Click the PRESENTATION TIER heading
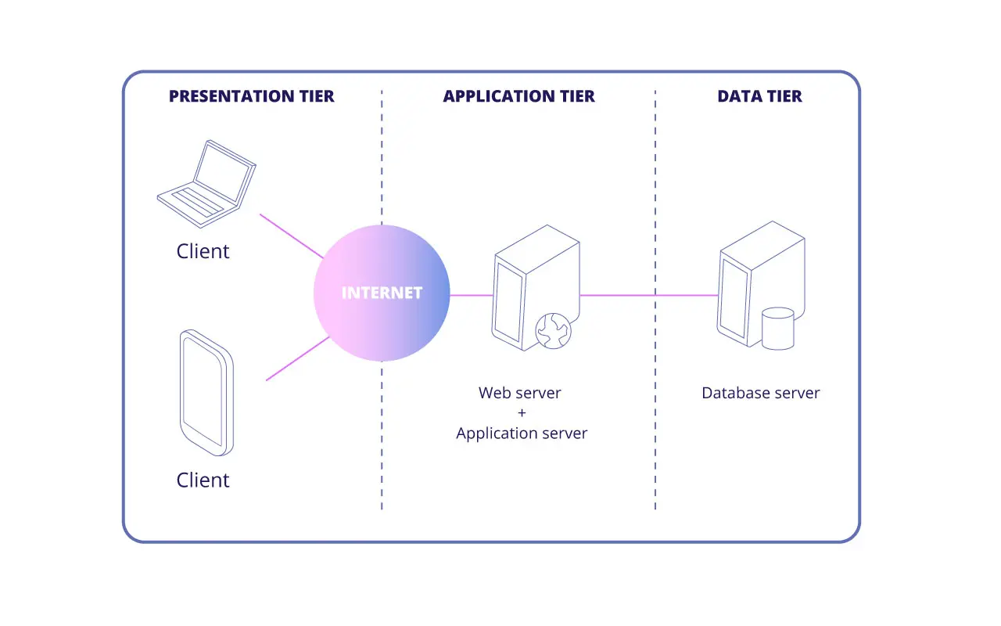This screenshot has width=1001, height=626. (x=251, y=96)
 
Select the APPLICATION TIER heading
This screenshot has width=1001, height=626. (x=518, y=96)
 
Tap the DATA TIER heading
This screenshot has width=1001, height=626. (x=759, y=96)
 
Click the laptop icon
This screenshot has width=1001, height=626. (x=206, y=179)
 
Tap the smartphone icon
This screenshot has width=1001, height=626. (x=206, y=393)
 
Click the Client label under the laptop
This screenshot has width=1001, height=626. (x=203, y=251)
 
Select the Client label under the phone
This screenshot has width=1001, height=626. (x=203, y=480)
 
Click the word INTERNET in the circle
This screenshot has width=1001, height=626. (x=382, y=293)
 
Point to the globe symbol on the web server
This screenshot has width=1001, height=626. (x=553, y=331)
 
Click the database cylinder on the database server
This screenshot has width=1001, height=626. (x=777, y=328)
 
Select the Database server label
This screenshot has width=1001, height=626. (x=760, y=393)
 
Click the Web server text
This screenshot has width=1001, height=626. (x=520, y=393)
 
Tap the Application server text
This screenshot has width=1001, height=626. (x=522, y=433)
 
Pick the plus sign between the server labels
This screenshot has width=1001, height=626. (x=522, y=413)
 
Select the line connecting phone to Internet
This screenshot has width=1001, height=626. (x=297, y=359)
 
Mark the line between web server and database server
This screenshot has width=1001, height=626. (x=649, y=295)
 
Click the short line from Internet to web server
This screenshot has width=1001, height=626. (x=472, y=295)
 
